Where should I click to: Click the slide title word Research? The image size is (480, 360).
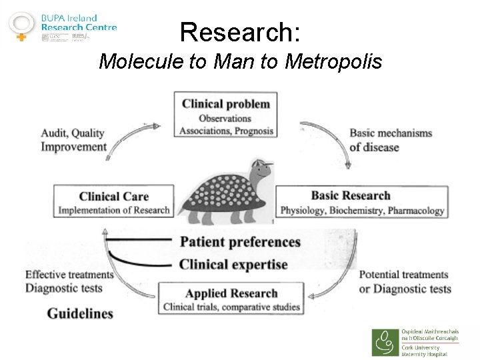(x=240, y=31)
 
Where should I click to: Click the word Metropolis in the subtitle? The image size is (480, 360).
(x=333, y=62)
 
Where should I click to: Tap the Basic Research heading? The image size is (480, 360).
(x=351, y=195)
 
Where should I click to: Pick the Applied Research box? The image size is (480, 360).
(x=231, y=299)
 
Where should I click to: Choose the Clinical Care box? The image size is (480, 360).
(x=113, y=202)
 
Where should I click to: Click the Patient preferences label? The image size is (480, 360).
(x=240, y=241)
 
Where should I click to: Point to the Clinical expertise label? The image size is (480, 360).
(x=233, y=265)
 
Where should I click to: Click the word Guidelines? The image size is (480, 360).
(x=79, y=313)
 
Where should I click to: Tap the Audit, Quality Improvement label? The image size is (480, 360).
(x=73, y=140)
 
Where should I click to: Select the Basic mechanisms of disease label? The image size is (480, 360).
(x=391, y=140)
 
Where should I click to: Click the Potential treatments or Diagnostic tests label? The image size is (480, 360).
(x=405, y=281)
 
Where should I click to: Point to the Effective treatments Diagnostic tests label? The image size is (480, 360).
(x=69, y=281)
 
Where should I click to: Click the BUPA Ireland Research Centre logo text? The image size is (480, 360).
(x=79, y=23)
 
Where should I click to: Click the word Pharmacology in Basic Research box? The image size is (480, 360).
(x=416, y=211)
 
